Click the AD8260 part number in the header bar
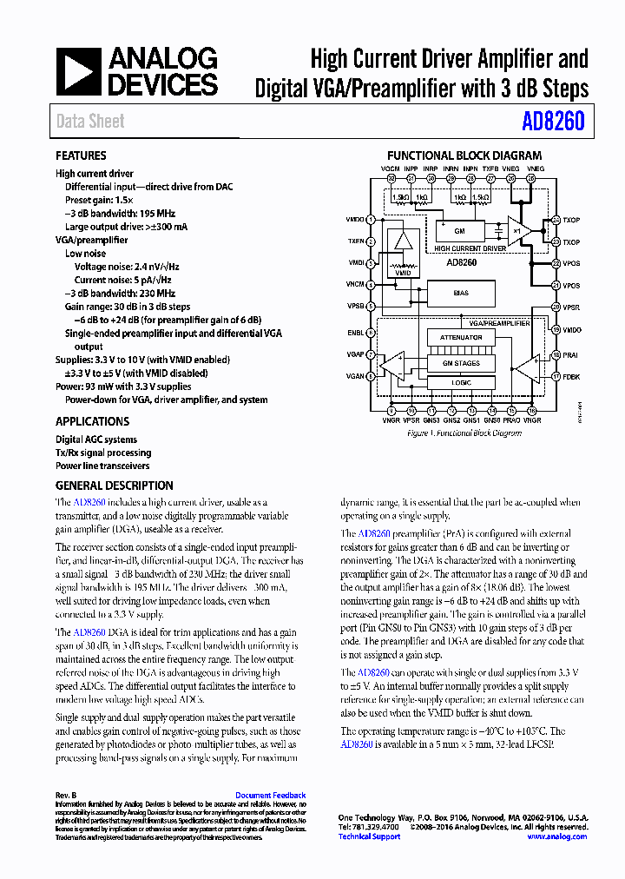point(554,122)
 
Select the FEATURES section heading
point(81,155)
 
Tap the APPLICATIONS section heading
point(92,421)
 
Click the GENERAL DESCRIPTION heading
point(114,486)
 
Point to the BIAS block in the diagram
point(461,294)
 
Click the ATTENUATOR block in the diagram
point(461,337)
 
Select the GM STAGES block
point(461,364)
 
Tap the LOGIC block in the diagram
point(461,382)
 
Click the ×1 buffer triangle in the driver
point(519,232)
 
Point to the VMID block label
point(402,273)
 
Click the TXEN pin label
point(356,241)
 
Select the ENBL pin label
point(356,332)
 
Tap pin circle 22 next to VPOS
point(556,263)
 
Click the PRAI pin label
point(571,354)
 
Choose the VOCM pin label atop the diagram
point(391,169)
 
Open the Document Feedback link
point(270,796)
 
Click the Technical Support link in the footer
point(369,836)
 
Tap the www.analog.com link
point(556,836)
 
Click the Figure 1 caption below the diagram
point(465,433)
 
